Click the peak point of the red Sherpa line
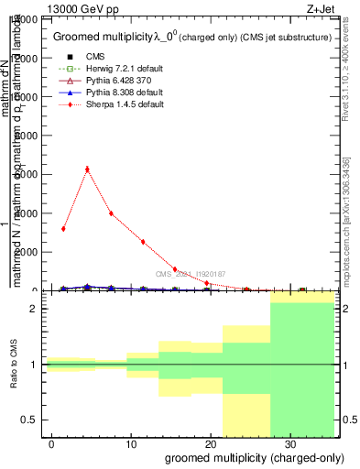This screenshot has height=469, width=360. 87,169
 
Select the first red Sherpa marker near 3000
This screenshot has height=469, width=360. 63,228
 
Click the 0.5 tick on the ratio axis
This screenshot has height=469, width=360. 31,420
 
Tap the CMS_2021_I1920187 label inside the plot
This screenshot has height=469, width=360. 190,274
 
